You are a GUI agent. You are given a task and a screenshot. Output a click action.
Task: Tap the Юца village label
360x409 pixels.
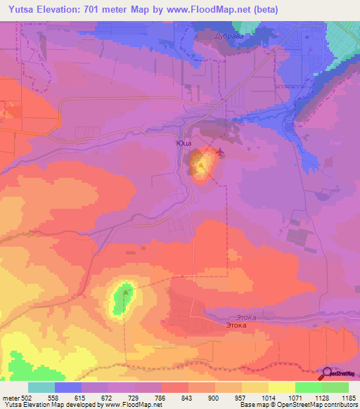click(184, 143)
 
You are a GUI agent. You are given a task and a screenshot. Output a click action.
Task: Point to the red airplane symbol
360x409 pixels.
click(221, 152)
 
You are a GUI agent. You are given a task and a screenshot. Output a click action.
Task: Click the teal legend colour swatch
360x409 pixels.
click(41, 387)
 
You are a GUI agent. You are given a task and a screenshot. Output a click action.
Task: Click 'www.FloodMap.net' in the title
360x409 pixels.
click(214, 10)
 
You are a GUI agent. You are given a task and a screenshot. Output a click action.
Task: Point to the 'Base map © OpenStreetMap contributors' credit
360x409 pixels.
click(298, 404)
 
